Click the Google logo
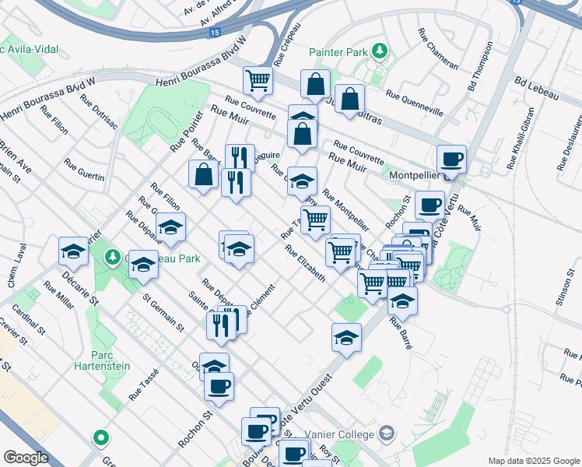pos(26,458)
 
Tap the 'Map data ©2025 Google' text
pos(533,461)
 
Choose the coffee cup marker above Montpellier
pos(451,160)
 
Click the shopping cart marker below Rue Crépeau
pos(258,80)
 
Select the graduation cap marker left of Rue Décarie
pos(73,251)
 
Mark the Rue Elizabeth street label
pos(304,264)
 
